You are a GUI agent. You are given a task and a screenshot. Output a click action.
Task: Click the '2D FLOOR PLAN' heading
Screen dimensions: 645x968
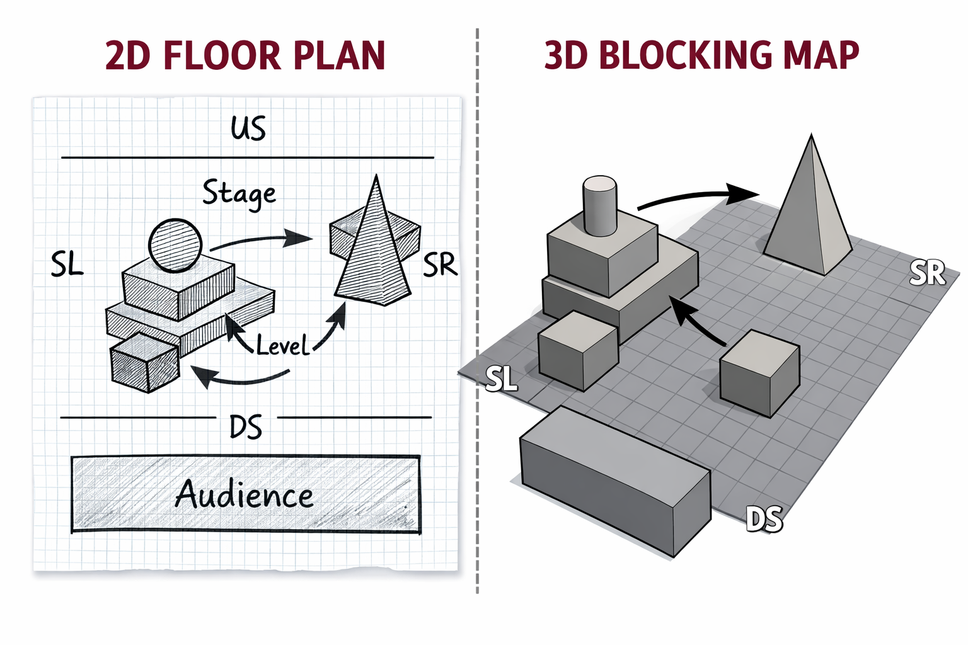[x=245, y=55]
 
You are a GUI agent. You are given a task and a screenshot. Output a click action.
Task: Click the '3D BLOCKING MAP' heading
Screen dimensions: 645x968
[x=701, y=55]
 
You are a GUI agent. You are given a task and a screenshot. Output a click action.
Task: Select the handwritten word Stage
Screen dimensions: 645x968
[x=239, y=193]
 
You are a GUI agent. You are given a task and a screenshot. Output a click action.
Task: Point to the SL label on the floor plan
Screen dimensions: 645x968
[x=67, y=264]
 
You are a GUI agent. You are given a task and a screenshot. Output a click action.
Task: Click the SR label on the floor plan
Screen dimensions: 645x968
[x=439, y=265]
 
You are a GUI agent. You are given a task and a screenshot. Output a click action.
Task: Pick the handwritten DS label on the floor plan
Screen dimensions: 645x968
[x=246, y=427]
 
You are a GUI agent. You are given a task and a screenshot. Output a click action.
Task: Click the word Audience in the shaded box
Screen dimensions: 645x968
[x=245, y=494]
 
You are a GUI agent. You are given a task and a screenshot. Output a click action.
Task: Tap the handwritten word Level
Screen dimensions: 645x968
[x=282, y=345]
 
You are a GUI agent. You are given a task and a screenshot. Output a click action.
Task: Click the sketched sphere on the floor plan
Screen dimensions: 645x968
[x=175, y=245]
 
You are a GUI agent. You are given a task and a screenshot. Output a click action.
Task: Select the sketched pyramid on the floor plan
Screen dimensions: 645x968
[x=375, y=252]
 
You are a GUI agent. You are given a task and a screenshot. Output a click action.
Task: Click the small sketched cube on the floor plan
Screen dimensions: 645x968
[x=144, y=363]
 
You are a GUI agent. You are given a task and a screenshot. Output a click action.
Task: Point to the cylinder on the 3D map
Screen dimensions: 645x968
[x=599, y=205]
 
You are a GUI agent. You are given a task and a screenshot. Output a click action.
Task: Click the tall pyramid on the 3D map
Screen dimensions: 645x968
[x=810, y=214]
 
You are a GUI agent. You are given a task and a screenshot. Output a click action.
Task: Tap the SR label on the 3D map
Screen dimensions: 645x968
[x=927, y=273]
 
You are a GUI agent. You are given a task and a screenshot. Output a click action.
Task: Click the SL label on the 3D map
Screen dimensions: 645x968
[x=502, y=379]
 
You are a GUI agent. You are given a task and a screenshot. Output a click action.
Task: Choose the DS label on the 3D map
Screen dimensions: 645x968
[x=764, y=519]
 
